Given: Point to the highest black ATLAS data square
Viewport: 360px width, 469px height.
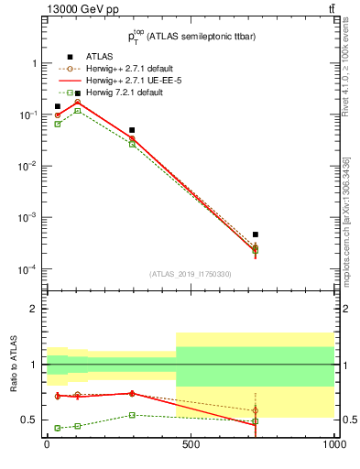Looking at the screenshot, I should tap(78, 93).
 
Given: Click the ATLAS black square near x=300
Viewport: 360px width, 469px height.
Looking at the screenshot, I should tap(132, 130).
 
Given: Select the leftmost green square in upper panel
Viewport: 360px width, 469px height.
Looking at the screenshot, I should tap(58, 124).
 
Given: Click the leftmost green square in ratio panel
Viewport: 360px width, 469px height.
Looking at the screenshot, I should tap(58, 428).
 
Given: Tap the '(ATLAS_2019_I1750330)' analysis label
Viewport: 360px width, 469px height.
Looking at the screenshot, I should tap(190, 274).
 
